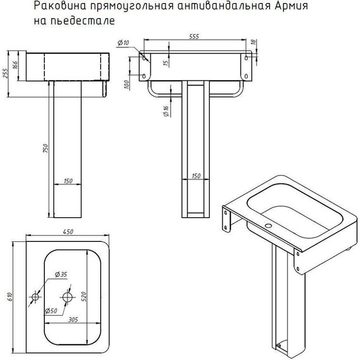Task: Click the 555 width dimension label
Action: (x=194, y=37)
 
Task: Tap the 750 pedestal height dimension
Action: (x=45, y=148)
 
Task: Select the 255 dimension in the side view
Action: (x=5, y=73)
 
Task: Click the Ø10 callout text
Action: (x=123, y=43)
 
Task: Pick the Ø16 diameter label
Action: (x=166, y=111)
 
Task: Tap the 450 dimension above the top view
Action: (x=68, y=232)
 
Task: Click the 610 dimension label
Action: (x=9, y=297)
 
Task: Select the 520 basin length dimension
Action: (x=83, y=296)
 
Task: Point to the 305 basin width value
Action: (x=73, y=320)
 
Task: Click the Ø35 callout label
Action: (x=61, y=274)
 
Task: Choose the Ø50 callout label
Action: (x=51, y=311)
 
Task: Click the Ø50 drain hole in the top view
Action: (x=68, y=297)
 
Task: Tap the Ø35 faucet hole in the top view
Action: (x=35, y=297)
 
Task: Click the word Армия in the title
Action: (x=291, y=6)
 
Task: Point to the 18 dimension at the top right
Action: (x=253, y=42)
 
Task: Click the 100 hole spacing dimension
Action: (x=126, y=85)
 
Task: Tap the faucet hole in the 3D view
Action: (x=268, y=225)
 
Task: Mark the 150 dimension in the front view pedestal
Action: (x=196, y=176)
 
